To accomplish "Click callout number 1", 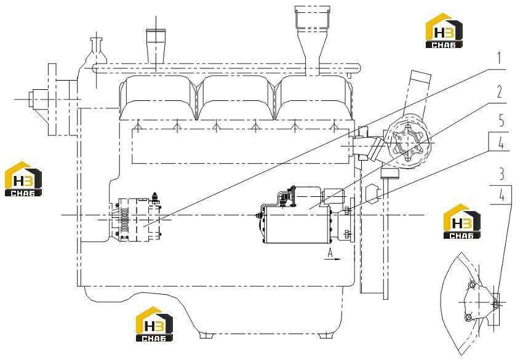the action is [x=499, y=58].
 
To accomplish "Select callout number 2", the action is [x=500, y=92].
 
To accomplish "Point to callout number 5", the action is [x=501, y=121].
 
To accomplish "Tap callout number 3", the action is [x=501, y=174].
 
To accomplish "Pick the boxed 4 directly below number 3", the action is [x=501, y=195].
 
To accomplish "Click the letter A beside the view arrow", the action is [x=330, y=254].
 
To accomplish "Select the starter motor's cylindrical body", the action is [x=296, y=225].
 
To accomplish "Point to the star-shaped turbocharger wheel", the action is [x=407, y=143].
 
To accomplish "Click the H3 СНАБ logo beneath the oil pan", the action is [x=154, y=324].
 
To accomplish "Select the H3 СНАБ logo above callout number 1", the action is [x=444, y=31].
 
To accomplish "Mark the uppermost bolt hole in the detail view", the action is [x=472, y=285].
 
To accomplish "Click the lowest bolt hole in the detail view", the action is [x=469, y=317].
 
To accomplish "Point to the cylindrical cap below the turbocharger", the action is [x=389, y=174].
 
